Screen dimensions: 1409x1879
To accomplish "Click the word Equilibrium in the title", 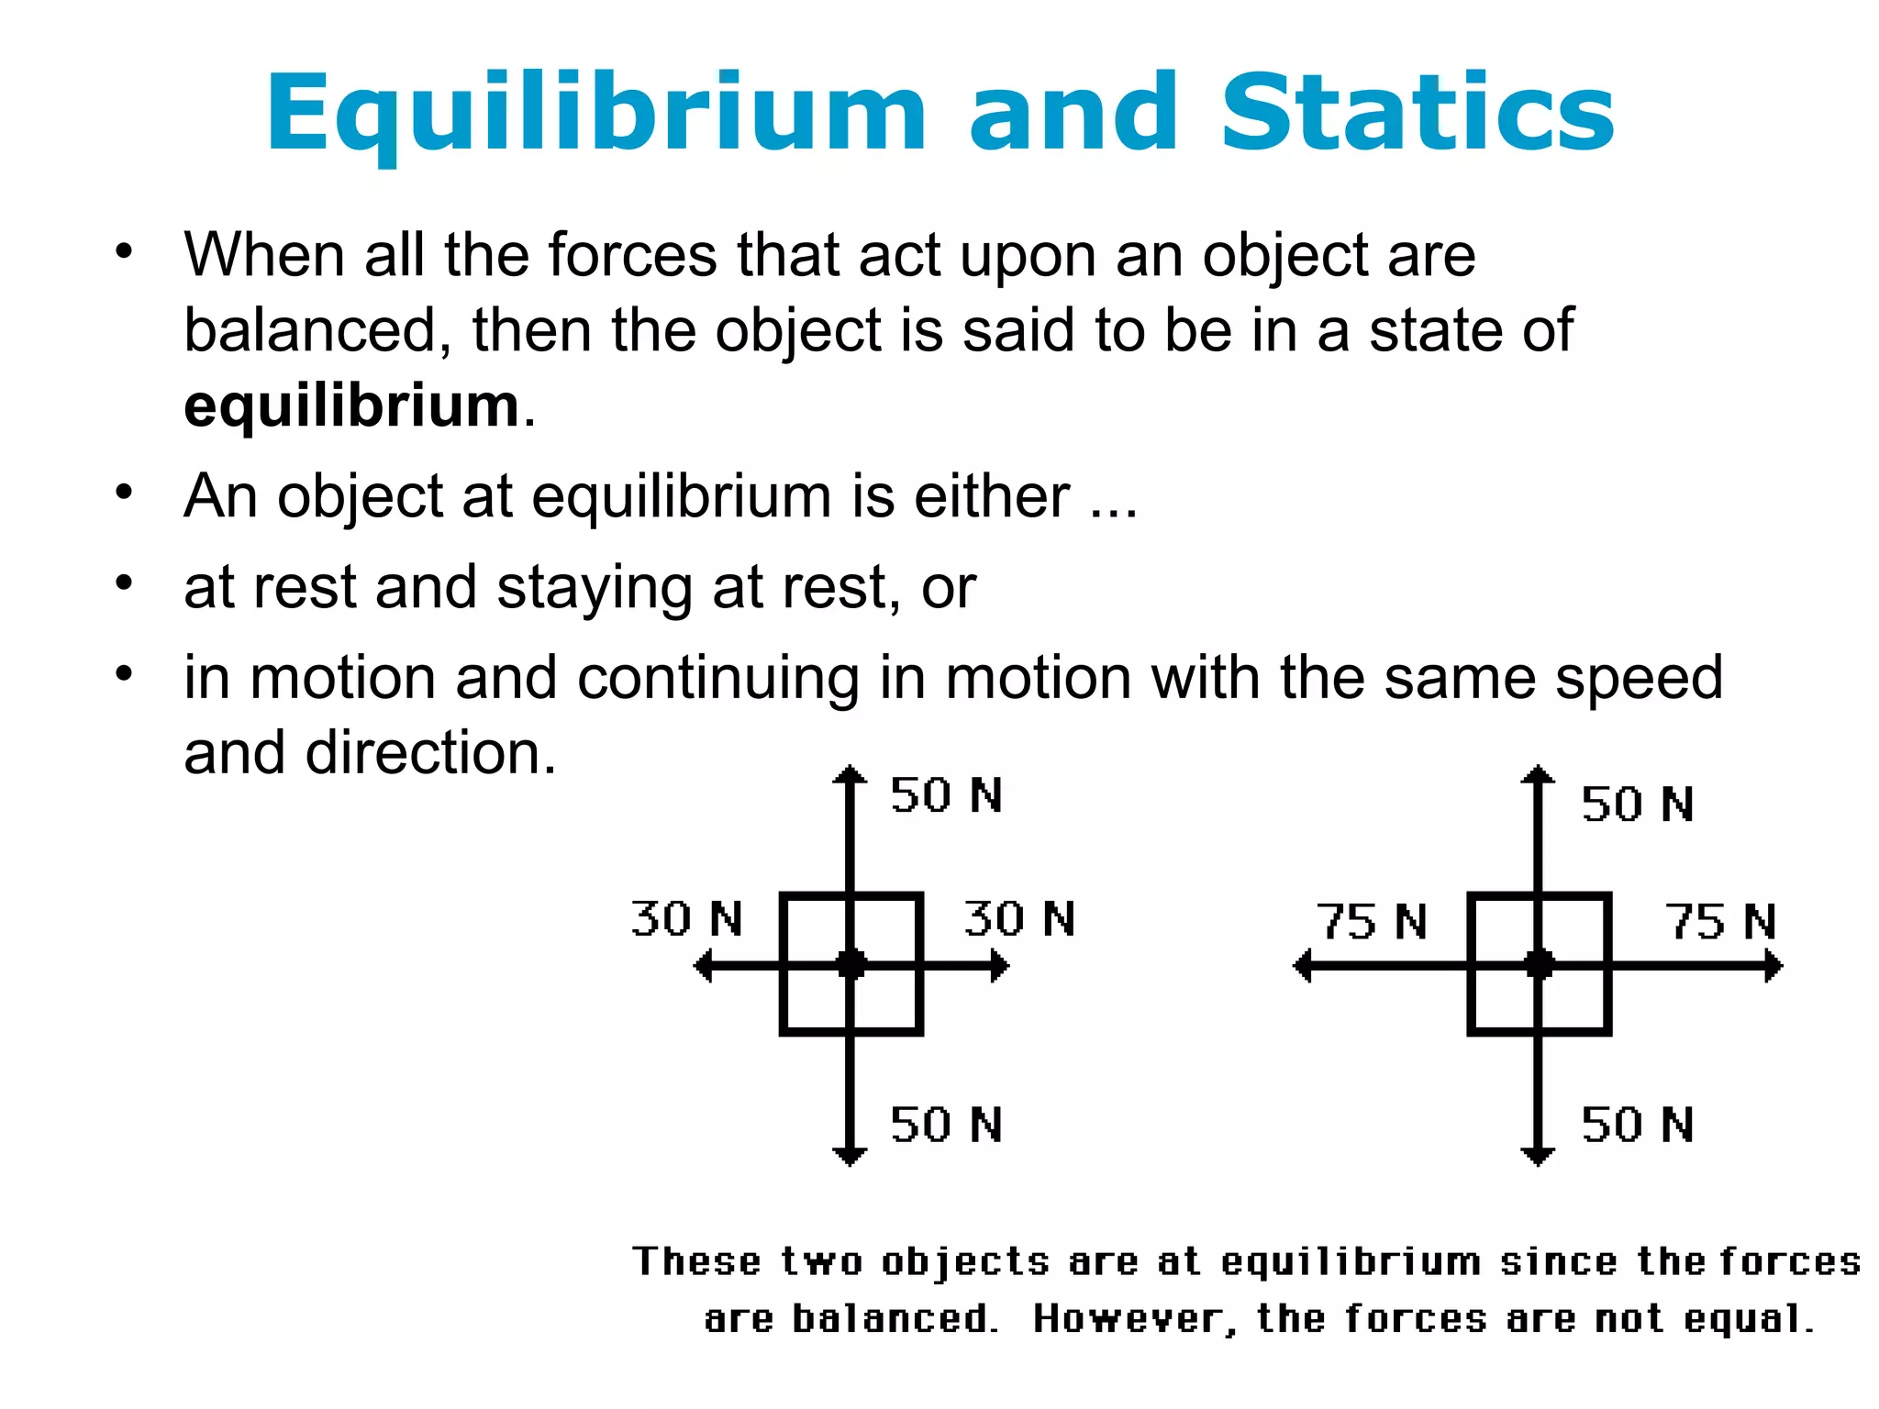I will tap(596, 114).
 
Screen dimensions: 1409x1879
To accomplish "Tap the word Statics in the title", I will tap(1417, 114).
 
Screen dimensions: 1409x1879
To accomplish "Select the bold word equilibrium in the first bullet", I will tap(352, 405).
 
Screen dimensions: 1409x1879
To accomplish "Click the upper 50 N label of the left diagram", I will tap(946, 795).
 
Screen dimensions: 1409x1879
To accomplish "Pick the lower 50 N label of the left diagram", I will tap(946, 1125).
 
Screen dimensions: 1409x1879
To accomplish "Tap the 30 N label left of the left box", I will tap(686, 919).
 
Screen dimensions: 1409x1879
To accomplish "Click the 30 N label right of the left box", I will tap(1019, 919).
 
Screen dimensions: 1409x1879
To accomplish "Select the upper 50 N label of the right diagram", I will tap(1637, 804).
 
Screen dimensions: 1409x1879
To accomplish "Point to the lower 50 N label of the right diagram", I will tap(1637, 1125).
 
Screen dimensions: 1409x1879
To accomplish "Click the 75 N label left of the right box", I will tap(1372, 922).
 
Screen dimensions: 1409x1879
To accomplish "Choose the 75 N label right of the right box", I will tap(1721, 922).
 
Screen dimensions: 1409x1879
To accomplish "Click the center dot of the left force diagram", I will tap(851, 965).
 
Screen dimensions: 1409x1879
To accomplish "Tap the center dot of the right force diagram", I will tap(1539, 965).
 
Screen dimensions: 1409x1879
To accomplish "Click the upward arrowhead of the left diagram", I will tap(851, 775).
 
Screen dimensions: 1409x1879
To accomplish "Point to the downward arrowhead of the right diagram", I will tap(1538, 1156).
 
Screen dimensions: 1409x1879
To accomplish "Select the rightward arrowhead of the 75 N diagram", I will tap(1773, 966).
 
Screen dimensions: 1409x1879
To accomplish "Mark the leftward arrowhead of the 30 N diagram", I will tap(704, 966).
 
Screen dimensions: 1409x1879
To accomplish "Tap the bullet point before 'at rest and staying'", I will tap(125, 583).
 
